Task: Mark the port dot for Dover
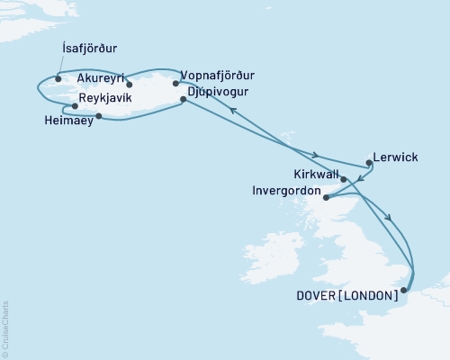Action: click(x=404, y=290)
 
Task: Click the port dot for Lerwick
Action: click(x=369, y=164)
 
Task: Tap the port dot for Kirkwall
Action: click(x=344, y=179)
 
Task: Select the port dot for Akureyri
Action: click(x=130, y=87)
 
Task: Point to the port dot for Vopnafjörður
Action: click(x=175, y=84)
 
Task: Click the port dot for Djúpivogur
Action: click(x=184, y=100)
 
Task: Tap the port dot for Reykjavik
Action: click(x=76, y=105)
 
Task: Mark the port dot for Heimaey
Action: click(x=98, y=116)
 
